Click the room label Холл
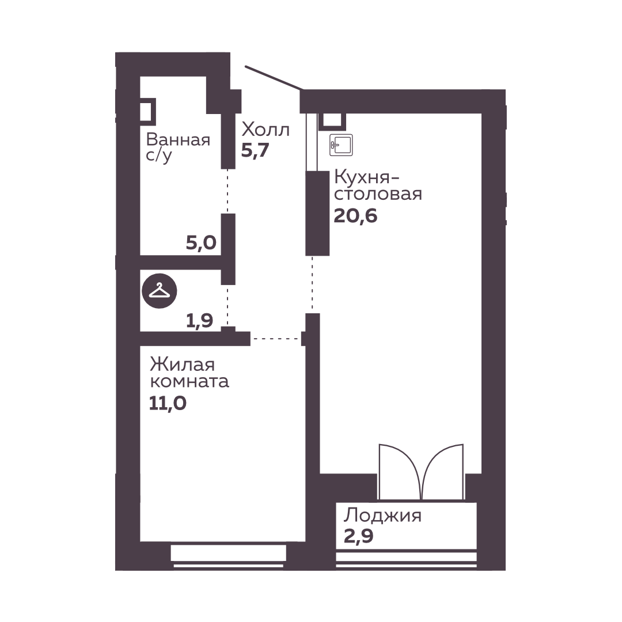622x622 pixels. click(266, 130)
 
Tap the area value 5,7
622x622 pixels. click(255, 150)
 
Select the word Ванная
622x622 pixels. click(178, 139)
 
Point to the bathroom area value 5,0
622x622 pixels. click(201, 242)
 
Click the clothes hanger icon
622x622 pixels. click(160, 291)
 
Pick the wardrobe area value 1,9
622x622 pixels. click(199, 321)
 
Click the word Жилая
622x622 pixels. click(182, 365)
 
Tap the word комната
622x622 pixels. click(189, 382)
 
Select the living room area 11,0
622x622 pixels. click(168, 403)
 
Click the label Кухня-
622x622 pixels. click(366, 177)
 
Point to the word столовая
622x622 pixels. click(378, 195)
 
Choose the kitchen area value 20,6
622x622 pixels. click(355, 216)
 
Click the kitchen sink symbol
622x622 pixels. click(341, 145)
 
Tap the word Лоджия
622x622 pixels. click(382, 516)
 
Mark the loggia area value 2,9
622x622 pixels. click(358, 536)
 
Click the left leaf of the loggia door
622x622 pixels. click(399, 471)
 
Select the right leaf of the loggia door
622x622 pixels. click(443, 471)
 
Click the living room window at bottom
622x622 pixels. click(229, 556)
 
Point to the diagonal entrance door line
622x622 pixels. click(274, 78)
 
